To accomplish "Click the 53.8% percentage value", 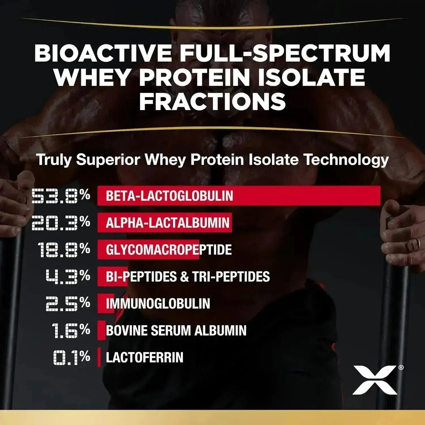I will (61, 196).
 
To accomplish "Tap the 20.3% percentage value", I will (61, 223).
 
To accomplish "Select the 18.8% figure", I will (64, 250).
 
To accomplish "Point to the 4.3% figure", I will (68, 277).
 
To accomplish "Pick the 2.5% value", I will (68, 304).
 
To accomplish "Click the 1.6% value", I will (71, 330).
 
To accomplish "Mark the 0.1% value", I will (71, 357).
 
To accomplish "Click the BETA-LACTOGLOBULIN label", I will (169, 196).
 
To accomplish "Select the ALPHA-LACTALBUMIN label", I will (168, 223).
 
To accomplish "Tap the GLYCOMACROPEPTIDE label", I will (169, 250).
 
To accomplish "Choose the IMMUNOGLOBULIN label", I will (158, 304).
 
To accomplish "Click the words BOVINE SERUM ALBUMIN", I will (176, 330).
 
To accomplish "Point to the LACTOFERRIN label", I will (145, 357).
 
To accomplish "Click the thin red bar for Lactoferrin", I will (99, 357).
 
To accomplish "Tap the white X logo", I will (375, 380).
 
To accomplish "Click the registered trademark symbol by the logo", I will (401, 368).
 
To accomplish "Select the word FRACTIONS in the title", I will (212, 101).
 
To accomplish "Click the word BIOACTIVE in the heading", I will (103, 54).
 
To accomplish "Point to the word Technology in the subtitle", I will (346, 160).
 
